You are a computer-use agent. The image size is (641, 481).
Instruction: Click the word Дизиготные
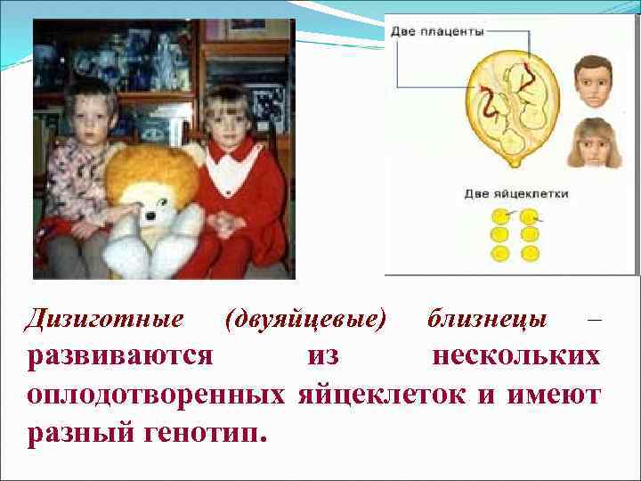point(106,319)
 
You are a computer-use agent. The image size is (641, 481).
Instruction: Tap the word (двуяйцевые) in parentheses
point(306,319)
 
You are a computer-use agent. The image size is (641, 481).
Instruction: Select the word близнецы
point(488,319)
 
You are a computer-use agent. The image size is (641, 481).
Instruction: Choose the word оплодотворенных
point(157,394)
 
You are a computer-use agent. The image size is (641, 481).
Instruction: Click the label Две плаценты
point(437,31)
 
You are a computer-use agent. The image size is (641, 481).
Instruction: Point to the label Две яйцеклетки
point(515,193)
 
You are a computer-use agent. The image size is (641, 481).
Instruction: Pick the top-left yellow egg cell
point(501,216)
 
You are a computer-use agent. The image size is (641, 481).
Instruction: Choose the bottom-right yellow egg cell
point(531,253)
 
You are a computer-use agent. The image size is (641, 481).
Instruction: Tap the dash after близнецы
point(595,319)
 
